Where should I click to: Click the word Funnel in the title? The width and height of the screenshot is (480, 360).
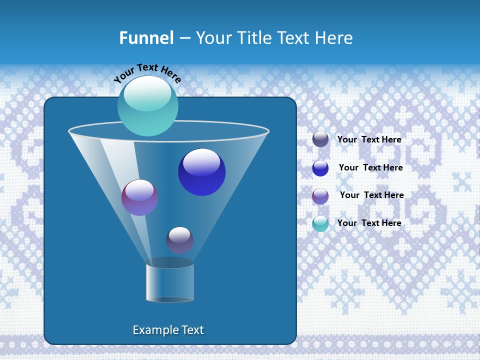[x=146, y=38]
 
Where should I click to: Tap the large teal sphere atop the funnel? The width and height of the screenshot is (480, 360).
[x=148, y=105]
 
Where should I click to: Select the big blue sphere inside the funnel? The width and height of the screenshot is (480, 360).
[x=201, y=172]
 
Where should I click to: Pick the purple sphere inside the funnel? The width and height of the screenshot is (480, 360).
[x=139, y=197]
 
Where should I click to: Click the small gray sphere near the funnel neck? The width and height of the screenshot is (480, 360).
[x=179, y=240]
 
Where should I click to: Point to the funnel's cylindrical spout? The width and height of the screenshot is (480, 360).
[x=170, y=282]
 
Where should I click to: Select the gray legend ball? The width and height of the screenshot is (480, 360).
[x=320, y=139]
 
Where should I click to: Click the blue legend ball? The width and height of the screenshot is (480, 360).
[x=320, y=168]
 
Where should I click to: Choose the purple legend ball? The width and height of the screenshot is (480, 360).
[x=320, y=196]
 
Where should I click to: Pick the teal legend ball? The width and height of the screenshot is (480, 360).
[x=320, y=223]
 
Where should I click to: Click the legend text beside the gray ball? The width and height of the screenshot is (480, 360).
[x=369, y=139]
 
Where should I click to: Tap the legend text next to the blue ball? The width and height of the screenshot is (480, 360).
[x=370, y=167]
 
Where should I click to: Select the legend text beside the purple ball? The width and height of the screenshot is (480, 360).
[x=371, y=195]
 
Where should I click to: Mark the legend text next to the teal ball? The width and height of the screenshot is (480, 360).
[x=369, y=223]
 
